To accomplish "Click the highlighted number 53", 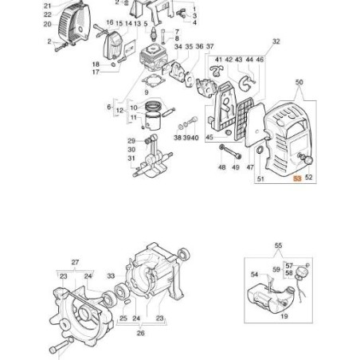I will [x=297, y=180].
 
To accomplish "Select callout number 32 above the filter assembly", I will [x=276, y=41].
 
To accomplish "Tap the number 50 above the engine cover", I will [x=299, y=83].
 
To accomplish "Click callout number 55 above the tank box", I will [x=278, y=246].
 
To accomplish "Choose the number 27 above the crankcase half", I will [x=75, y=261].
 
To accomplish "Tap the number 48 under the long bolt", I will [x=221, y=167].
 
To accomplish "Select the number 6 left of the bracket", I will [x=109, y=105].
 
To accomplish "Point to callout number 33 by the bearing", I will [x=111, y=276].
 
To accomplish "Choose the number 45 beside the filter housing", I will [x=209, y=137].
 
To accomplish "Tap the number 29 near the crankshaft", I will [x=131, y=140].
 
